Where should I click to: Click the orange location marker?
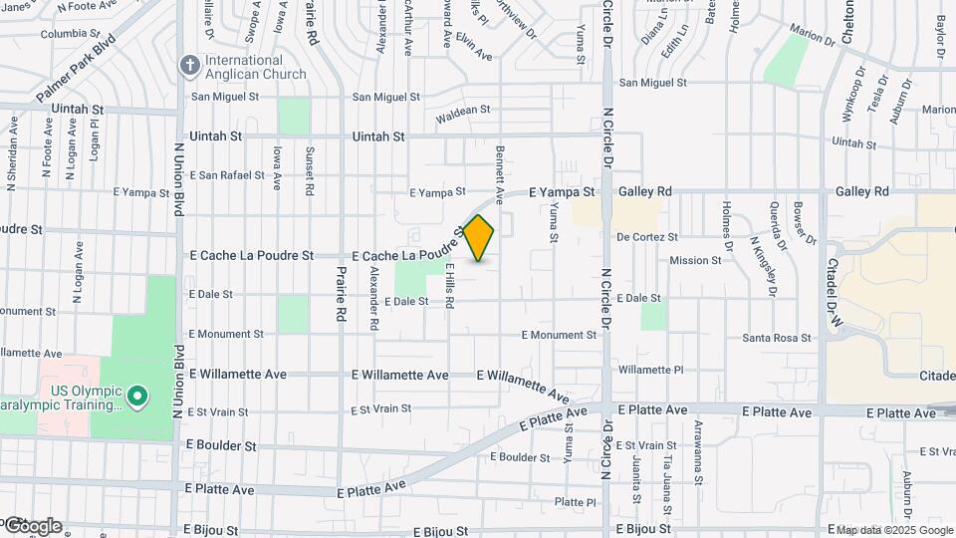pos(479,238)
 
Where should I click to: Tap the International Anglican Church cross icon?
pos(189,66)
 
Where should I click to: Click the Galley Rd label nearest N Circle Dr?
pos(645,191)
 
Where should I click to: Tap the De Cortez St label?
pos(647,237)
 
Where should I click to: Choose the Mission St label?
pos(695,261)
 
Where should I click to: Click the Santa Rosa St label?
pos(777,339)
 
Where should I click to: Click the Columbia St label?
pos(72,34)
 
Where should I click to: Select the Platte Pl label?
pos(575,501)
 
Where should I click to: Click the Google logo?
pos(32,525)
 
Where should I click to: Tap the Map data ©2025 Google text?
pos(893,530)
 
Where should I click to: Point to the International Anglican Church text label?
pos(257,67)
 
